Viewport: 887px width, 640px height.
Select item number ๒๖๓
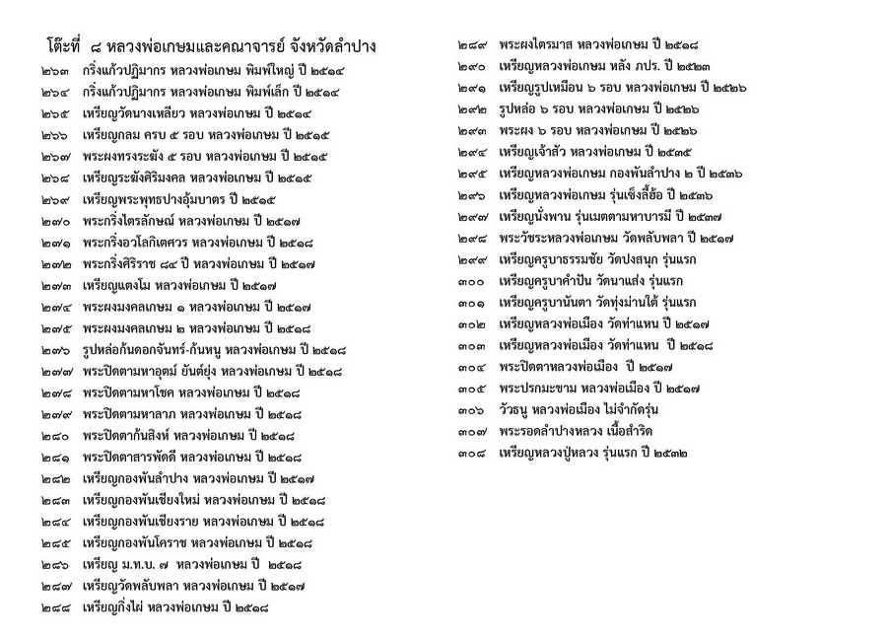[56, 73]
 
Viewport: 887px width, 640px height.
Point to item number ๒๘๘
[56, 606]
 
